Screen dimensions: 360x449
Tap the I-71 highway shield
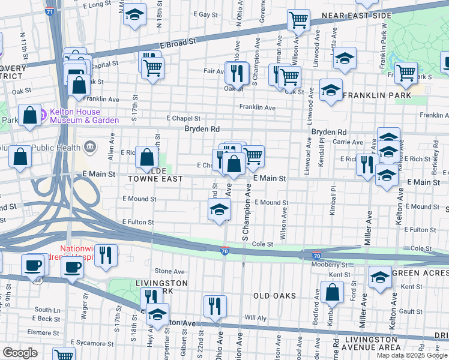49,11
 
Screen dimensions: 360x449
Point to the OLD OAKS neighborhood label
274,296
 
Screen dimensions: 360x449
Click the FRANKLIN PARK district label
377,95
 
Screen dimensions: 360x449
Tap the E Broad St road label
178,44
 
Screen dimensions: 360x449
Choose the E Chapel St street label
183,119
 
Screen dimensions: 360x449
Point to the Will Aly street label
255,318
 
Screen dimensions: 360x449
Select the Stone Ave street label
170,271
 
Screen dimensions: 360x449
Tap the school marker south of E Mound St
219,210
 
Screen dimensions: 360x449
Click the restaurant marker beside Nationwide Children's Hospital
106,254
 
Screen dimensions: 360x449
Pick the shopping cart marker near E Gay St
298,20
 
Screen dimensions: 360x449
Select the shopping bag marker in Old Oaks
331,292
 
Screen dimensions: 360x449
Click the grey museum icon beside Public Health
90,145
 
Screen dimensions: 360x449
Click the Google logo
20,353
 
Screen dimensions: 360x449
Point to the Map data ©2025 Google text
411,355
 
